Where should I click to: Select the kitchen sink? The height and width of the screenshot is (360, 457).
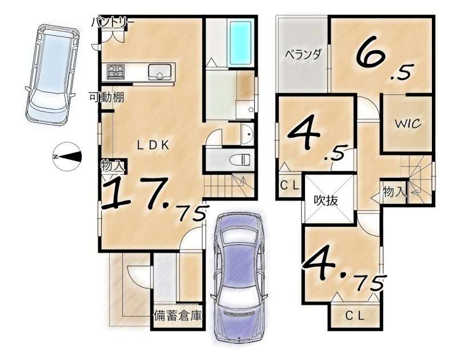(x=161, y=71)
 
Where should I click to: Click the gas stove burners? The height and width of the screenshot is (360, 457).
(x=116, y=71)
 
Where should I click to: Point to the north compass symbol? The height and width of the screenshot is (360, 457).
(x=67, y=157)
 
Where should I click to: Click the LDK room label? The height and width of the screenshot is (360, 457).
(x=153, y=146)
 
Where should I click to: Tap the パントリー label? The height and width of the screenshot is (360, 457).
(x=113, y=23)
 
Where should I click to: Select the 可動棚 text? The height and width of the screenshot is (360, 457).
(x=106, y=97)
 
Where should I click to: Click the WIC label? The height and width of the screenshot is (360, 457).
(x=408, y=123)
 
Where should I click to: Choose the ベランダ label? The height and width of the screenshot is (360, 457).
(x=303, y=54)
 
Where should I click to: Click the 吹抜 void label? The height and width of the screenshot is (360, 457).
(x=326, y=200)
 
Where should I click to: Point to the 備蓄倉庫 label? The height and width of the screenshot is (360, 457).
(x=178, y=315)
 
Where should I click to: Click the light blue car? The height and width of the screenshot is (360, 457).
(x=53, y=75)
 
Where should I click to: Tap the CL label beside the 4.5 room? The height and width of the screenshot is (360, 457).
(x=290, y=185)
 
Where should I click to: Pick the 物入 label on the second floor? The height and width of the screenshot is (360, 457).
(x=394, y=191)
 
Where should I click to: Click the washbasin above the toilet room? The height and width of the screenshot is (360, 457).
(x=248, y=134)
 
